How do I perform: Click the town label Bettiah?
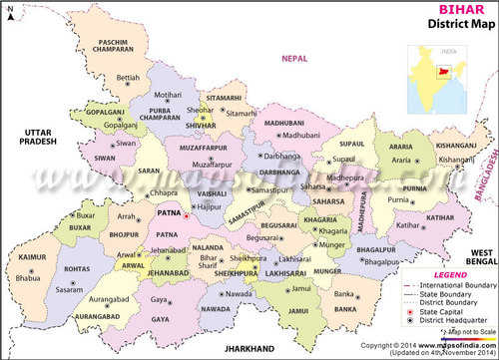(x=129, y=77)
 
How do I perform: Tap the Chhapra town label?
(x=165, y=192)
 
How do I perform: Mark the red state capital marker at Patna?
(x=186, y=213)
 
